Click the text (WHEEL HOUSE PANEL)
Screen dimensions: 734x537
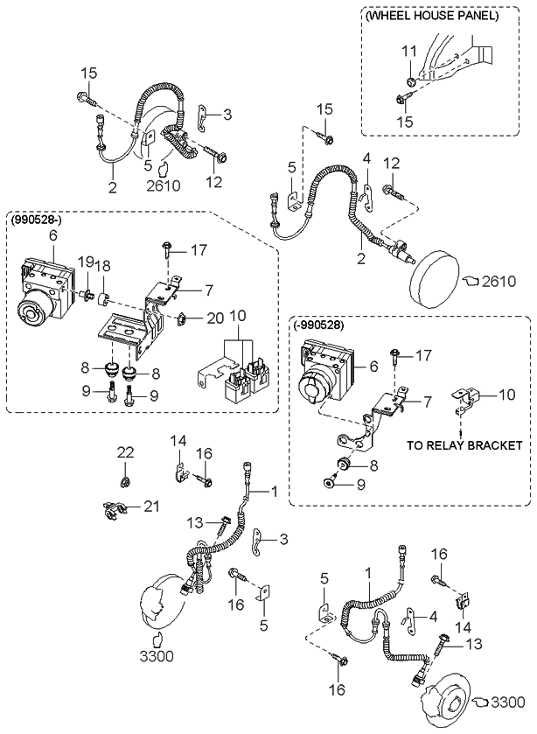(x=431, y=15)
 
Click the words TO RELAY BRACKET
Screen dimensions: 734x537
(x=464, y=444)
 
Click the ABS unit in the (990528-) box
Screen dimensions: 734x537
(x=44, y=284)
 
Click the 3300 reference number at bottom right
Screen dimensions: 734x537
(x=511, y=700)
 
